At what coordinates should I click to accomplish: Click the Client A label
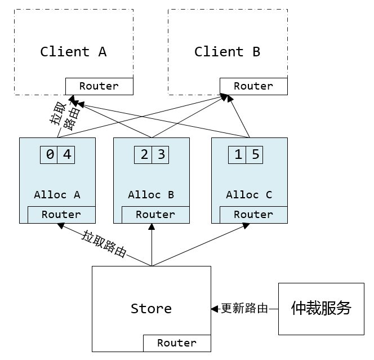[73, 52]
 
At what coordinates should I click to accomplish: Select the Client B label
[227, 52]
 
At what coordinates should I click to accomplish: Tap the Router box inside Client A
[99, 86]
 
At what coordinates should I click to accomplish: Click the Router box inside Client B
[253, 86]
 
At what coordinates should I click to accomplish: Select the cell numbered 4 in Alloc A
[66, 154]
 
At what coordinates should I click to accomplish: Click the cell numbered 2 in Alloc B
[144, 154]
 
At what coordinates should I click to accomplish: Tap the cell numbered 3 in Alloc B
[161, 154]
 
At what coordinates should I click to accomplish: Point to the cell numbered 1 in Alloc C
[238, 154]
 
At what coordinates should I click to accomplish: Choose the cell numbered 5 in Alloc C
[255, 154]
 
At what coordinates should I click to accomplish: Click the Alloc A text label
[57, 195]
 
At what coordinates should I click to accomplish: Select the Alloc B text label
[151, 195]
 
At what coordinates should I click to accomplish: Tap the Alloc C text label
[249, 195]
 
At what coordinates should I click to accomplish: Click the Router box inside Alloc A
[61, 215]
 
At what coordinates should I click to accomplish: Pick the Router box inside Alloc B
[155, 215]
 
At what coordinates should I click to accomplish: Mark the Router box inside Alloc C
[253, 215]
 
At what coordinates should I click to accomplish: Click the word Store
[151, 309]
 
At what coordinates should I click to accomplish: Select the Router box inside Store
[177, 343]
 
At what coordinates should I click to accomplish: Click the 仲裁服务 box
[321, 309]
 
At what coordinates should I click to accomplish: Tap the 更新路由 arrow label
[244, 309]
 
